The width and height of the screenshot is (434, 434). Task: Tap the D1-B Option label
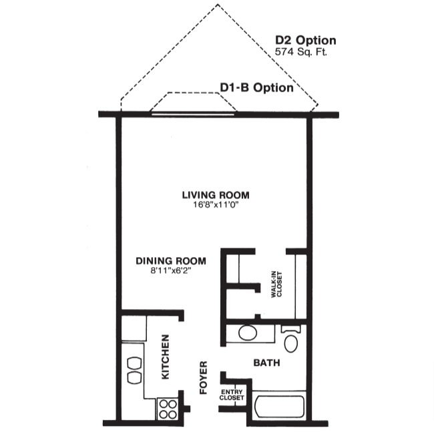[256, 87]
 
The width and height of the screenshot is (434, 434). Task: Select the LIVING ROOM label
[216, 195]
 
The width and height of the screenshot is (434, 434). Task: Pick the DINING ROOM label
[170, 261]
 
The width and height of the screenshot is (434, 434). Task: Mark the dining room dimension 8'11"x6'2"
[170, 270]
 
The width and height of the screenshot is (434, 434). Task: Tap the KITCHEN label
[166, 357]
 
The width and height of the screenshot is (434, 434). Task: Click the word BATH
[266, 363]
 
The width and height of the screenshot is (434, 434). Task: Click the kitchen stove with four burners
[168, 408]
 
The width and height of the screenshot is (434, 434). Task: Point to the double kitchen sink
[133, 369]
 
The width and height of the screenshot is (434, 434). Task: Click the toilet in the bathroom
[292, 341]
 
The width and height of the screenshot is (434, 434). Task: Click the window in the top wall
[194, 114]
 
